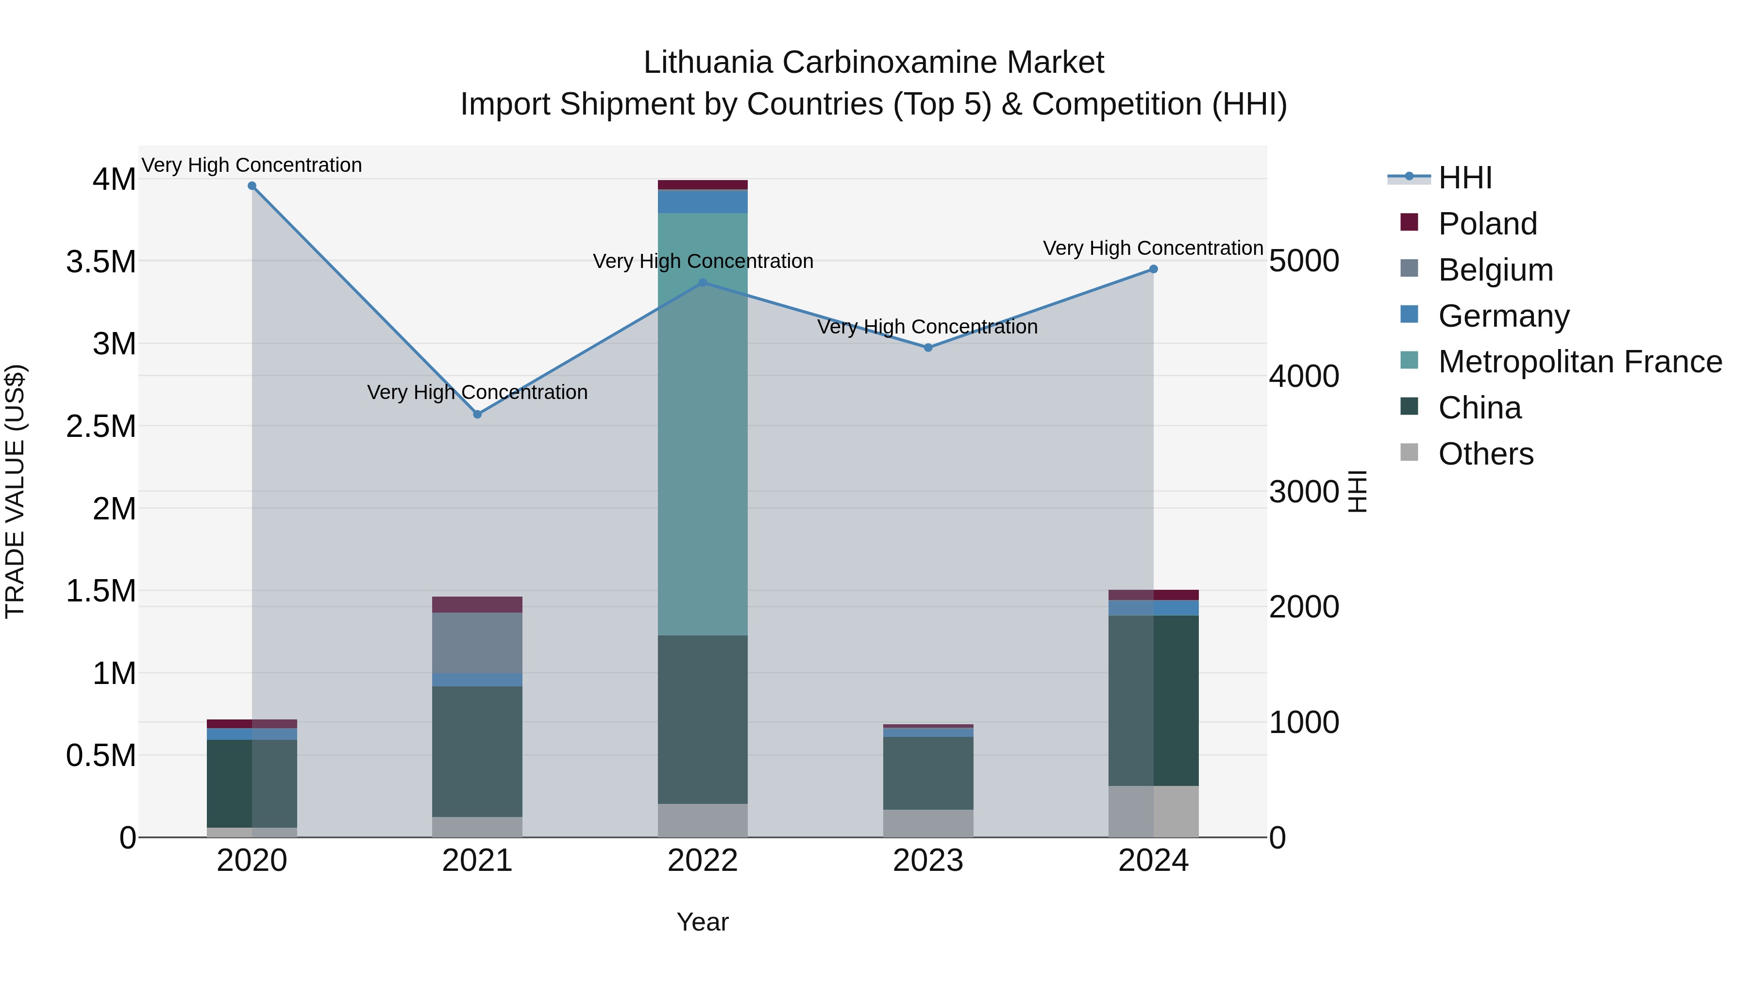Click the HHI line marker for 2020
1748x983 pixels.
pos(252,186)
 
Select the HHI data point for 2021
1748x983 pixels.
pos(477,414)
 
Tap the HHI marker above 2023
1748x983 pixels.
pos(928,348)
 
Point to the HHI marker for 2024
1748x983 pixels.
pos(1153,269)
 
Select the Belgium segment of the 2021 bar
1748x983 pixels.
pos(477,642)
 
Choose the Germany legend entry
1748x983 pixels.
pos(1503,316)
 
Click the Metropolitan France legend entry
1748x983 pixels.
pos(1579,362)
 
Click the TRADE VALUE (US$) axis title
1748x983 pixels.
pos(15,491)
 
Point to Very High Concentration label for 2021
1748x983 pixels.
pos(477,392)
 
